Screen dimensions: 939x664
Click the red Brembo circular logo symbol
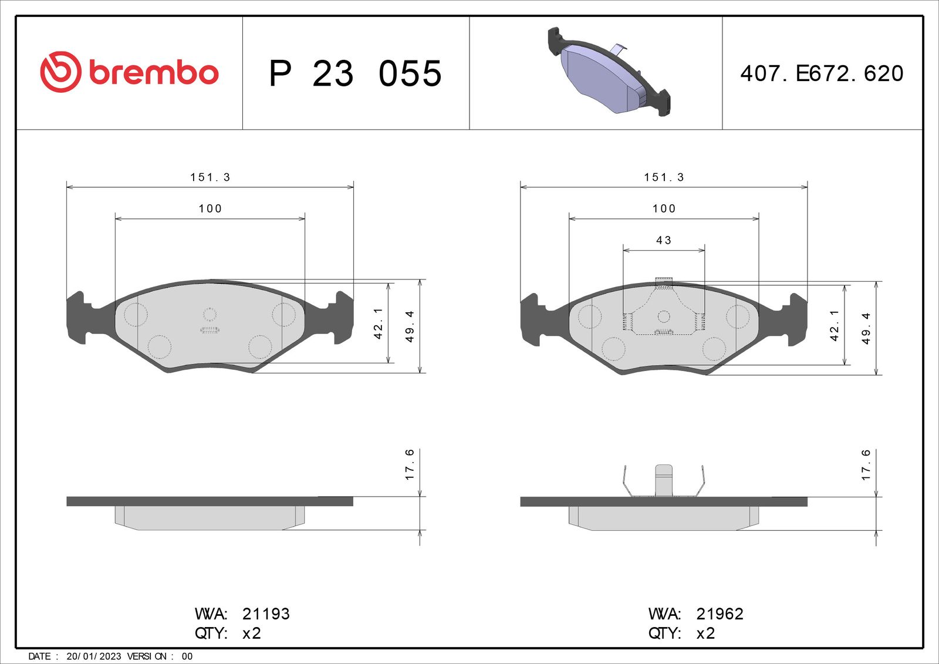point(60,72)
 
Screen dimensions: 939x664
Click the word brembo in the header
point(154,73)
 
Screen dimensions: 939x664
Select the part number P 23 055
point(355,73)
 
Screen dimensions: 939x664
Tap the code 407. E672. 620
point(822,73)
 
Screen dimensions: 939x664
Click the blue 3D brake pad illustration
point(609,72)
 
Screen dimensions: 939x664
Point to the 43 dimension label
point(664,240)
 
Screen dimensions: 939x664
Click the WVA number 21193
point(266,614)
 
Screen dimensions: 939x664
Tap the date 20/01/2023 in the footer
point(93,656)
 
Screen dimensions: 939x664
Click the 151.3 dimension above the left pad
point(211,177)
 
